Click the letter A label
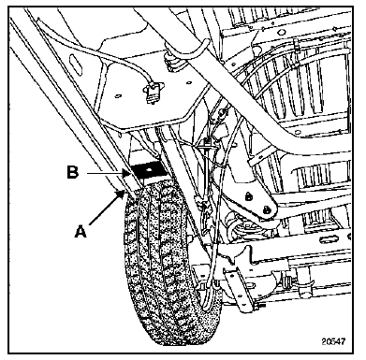point(81,232)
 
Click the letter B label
point(72,173)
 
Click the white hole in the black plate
point(150,170)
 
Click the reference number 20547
point(333,341)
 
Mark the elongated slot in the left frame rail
point(75,63)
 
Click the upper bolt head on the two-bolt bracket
point(249,196)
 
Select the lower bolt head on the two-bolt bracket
point(266,209)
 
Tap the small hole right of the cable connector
point(188,83)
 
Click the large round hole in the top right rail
point(283,32)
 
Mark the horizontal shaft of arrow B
point(105,173)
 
